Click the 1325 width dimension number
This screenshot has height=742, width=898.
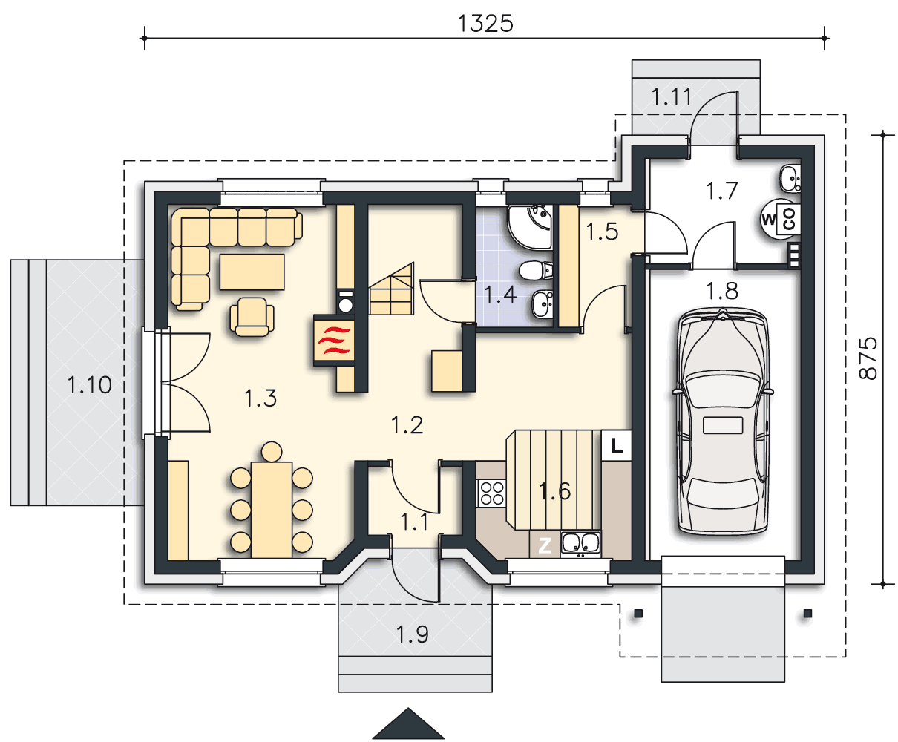click(485, 24)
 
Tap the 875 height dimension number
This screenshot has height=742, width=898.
click(868, 358)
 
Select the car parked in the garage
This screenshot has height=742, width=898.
click(723, 421)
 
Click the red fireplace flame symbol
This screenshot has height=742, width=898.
click(334, 341)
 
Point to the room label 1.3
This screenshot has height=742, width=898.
click(260, 398)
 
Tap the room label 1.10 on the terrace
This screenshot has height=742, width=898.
click(90, 384)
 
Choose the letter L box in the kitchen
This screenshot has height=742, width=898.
click(617, 445)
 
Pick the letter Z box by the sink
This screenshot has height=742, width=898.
click(545, 545)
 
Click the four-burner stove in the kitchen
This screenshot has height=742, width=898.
click(491, 493)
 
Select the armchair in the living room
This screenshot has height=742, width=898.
click(252, 317)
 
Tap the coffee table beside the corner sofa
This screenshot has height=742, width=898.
click(252, 272)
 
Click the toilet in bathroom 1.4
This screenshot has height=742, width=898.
click(535, 271)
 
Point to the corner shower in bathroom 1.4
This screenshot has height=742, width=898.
click(529, 227)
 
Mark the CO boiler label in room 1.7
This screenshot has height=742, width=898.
click(788, 218)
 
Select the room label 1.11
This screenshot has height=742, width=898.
click(672, 96)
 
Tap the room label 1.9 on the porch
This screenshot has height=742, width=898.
click(412, 634)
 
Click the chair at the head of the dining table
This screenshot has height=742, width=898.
click(272, 452)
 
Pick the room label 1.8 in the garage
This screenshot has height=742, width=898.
click(722, 291)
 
